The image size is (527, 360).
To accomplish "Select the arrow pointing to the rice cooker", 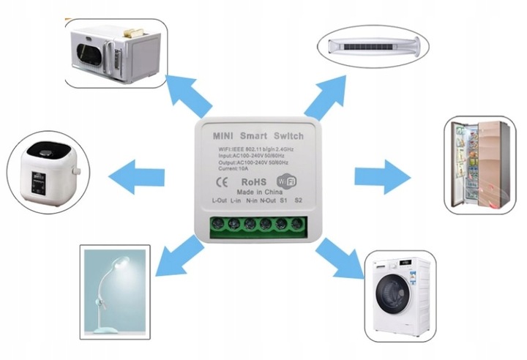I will tap(135, 176).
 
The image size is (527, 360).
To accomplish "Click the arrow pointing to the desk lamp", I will tap(180, 255).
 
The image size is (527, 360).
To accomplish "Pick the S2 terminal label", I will tap(299, 200).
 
